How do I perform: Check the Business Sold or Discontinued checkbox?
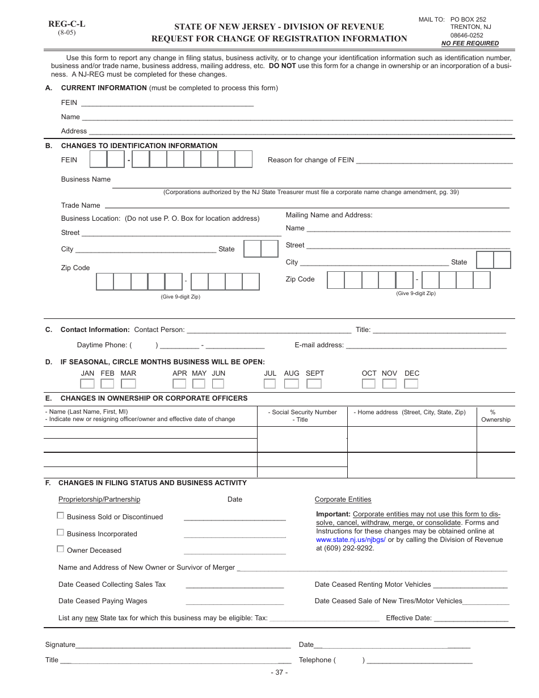(60, 516)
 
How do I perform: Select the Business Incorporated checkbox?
(60, 533)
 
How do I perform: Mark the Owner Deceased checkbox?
(60, 549)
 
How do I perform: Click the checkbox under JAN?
(87, 384)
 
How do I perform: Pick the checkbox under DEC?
(411, 384)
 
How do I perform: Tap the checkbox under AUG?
(291, 384)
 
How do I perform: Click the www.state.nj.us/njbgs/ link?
(351, 540)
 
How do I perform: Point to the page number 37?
(279, 672)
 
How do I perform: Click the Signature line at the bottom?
(183, 646)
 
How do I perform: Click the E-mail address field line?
(426, 346)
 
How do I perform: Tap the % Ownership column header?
(495, 416)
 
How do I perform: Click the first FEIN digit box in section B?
(99, 160)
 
